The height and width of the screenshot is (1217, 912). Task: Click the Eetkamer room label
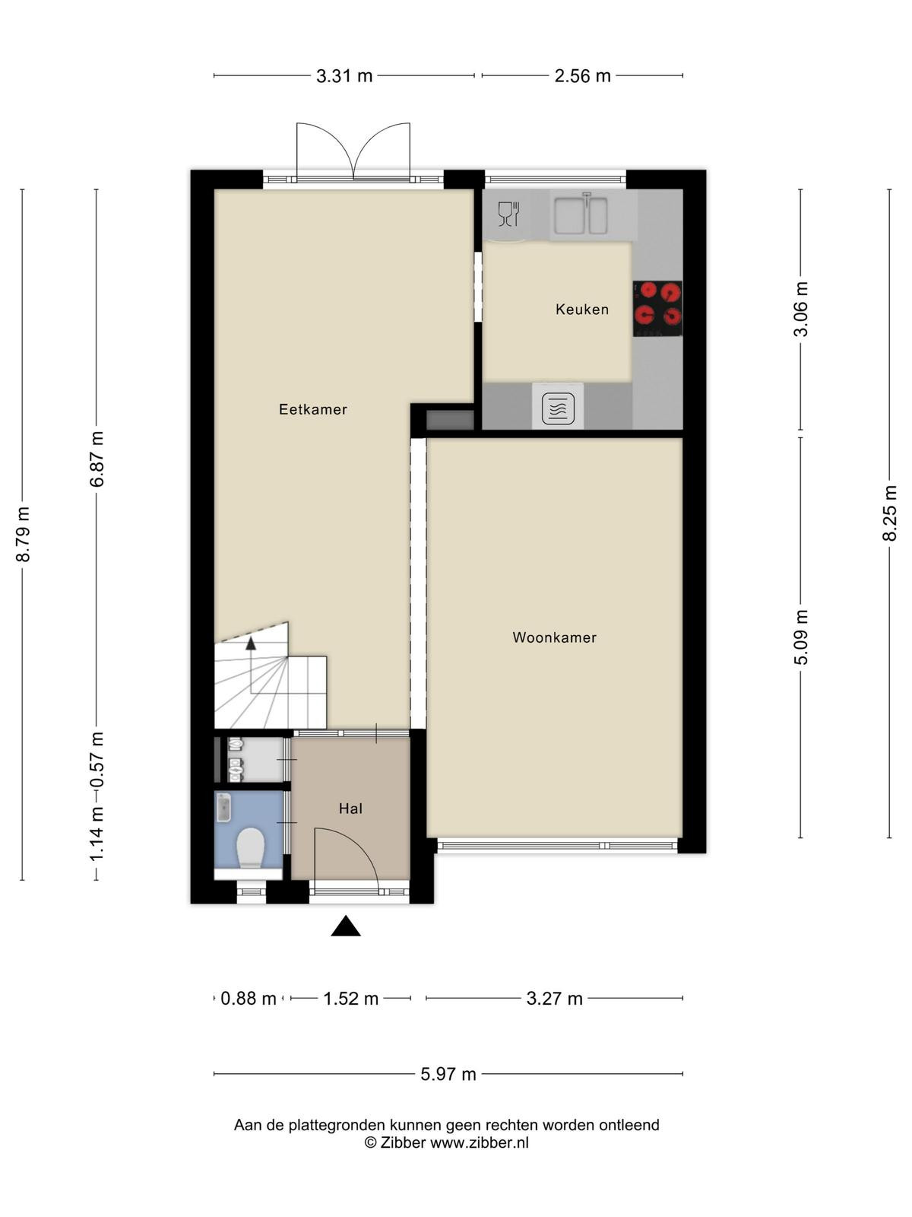(x=313, y=409)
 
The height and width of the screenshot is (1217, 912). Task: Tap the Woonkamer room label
(x=554, y=637)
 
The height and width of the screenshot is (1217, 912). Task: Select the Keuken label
(x=582, y=309)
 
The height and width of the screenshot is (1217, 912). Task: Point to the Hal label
(x=350, y=809)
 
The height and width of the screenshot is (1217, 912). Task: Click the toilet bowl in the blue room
(x=251, y=847)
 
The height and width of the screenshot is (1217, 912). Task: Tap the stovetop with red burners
(x=657, y=308)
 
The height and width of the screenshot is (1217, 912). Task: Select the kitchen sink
(x=581, y=214)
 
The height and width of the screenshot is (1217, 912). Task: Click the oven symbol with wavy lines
(x=558, y=408)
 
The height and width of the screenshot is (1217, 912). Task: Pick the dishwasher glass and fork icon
(x=508, y=214)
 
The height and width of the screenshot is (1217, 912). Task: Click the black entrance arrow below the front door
(x=346, y=926)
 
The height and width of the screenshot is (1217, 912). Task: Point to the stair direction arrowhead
(x=251, y=643)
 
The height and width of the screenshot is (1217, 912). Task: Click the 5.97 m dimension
(x=448, y=1074)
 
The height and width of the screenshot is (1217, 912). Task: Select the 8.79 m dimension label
(x=23, y=534)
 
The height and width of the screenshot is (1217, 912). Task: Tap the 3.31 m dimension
(x=344, y=75)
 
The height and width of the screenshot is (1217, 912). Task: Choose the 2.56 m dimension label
(x=582, y=75)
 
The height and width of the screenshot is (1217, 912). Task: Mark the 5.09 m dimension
(x=801, y=637)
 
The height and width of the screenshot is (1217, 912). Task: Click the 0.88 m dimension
(x=248, y=999)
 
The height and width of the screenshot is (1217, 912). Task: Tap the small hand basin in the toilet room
(x=223, y=807)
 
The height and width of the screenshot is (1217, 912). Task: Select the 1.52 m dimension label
(x=350, y=999)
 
